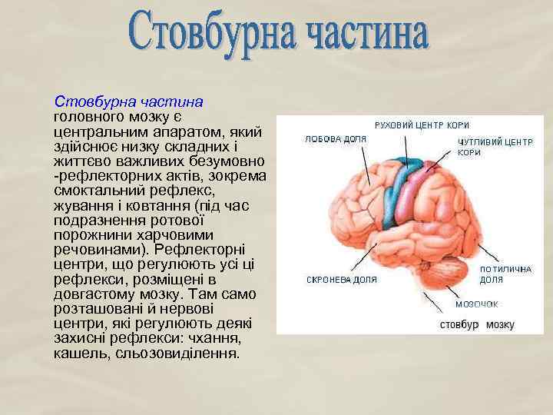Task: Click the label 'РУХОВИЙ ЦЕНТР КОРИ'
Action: tap(422, 124)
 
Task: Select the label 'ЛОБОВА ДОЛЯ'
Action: tap(336, 140)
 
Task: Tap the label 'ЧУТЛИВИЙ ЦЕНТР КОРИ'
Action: tap(495, 148)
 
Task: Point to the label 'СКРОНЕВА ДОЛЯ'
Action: tap(341, 280)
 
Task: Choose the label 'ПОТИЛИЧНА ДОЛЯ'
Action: tap(505, 275)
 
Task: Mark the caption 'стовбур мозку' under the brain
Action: tap(476, 324)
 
